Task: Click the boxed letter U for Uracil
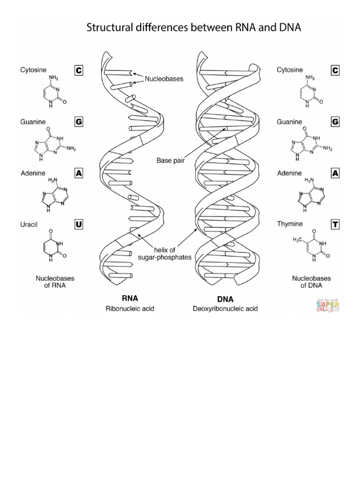[x=79, y=225]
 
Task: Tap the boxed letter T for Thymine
[x=335, y=225]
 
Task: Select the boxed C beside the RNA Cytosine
[x=79, y=70]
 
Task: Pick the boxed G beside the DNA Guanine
[x=335, y=122]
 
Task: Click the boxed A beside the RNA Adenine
[x=79, y=173]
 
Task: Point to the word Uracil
[x=29, y=225]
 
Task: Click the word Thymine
[x=289, y=225]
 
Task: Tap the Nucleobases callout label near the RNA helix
[x=164, y=79]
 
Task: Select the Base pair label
[x=171, y=160]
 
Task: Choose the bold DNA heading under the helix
[x=225, y=299]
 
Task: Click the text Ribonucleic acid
[x=130, y=309]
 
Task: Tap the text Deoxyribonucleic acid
[x=225, y=309]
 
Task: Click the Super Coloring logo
[x=327, y=305]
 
